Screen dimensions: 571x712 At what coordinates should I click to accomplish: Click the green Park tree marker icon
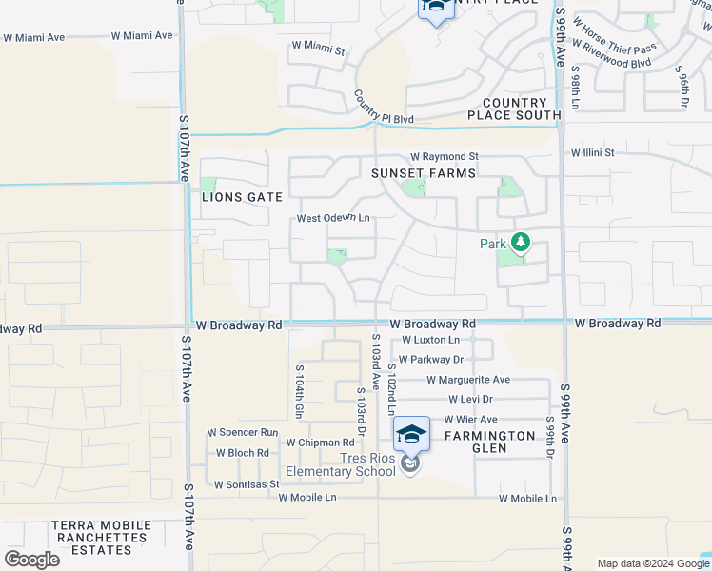520,243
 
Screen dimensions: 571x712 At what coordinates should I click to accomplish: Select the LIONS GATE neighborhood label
242,197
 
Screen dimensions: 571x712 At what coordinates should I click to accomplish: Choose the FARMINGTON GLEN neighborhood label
489,443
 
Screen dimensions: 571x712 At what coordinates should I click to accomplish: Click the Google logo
31,560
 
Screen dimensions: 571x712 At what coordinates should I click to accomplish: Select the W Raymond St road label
444,156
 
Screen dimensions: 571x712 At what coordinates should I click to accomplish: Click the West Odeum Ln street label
332,218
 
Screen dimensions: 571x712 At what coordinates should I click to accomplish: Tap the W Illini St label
592,152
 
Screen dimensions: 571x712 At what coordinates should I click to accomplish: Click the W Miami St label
317,45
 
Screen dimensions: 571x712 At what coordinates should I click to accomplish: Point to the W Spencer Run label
244,432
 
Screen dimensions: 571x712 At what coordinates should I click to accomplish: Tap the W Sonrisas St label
246,484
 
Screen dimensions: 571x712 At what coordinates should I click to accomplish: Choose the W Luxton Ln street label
430,340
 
